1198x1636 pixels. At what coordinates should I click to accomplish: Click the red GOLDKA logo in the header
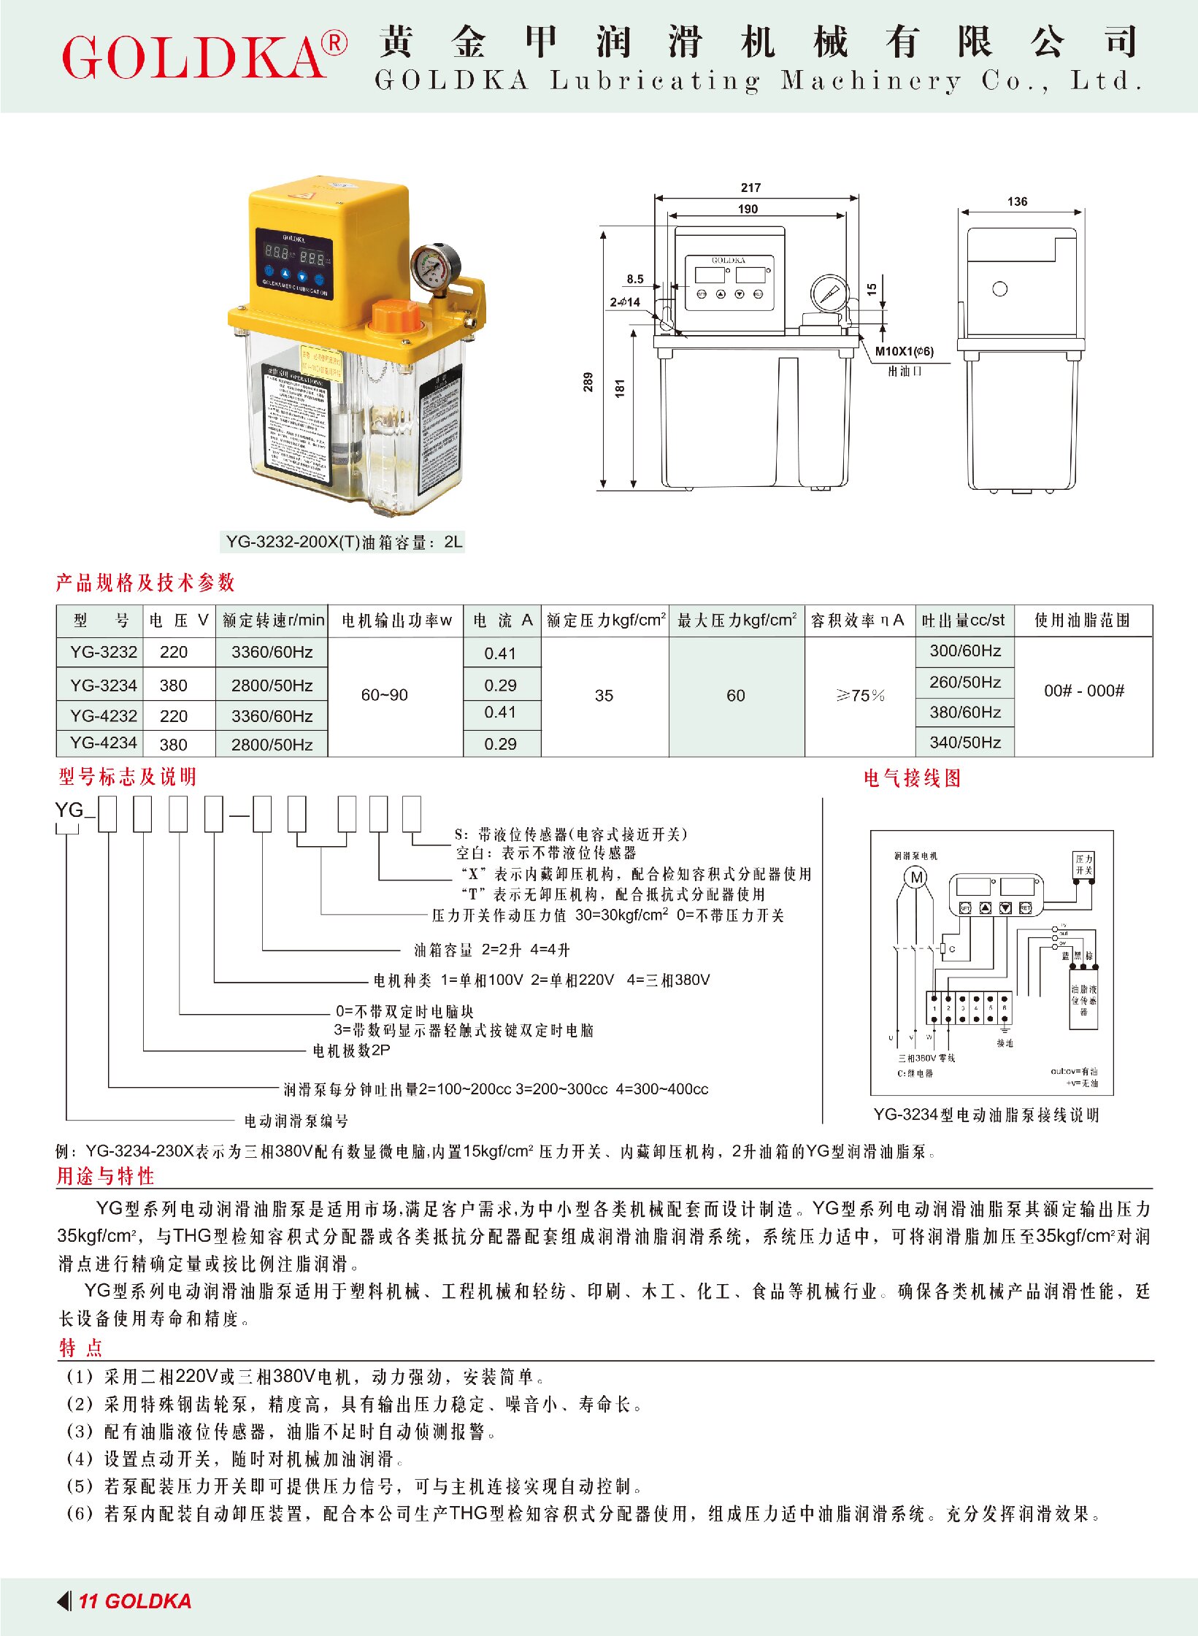tap(196, 57)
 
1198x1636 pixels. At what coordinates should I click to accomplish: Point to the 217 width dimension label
tap(750, 188)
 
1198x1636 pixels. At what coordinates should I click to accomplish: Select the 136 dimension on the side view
tap(1017, 201)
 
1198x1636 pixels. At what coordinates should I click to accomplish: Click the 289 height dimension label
tap(588, 382)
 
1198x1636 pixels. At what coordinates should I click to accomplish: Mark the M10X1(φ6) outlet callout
tap(904, 351)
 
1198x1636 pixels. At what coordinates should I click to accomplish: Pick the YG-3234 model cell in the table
tap(103, 685)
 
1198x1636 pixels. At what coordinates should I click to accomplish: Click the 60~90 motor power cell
tap(384, 695)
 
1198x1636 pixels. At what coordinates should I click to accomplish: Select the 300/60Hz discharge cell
tap(965, 650)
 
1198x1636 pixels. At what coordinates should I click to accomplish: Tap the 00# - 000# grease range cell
tap(1083, 691)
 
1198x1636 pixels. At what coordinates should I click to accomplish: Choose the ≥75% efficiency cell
tap(860, 695)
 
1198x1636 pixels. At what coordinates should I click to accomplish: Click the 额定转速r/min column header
tap(273, 621)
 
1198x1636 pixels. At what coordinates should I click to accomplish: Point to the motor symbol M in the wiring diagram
tap(917, 877)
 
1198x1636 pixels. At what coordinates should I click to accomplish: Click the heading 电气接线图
tap(912, 778)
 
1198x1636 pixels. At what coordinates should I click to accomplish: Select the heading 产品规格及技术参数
tap(145, 583)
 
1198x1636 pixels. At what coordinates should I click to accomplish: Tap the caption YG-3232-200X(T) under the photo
tap(343, 542)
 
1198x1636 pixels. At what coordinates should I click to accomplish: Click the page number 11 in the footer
tap(88, 1601)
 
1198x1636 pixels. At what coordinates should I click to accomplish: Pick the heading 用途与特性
tap(106, 1176)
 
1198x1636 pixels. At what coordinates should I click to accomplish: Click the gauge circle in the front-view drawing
tap(829, 293)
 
